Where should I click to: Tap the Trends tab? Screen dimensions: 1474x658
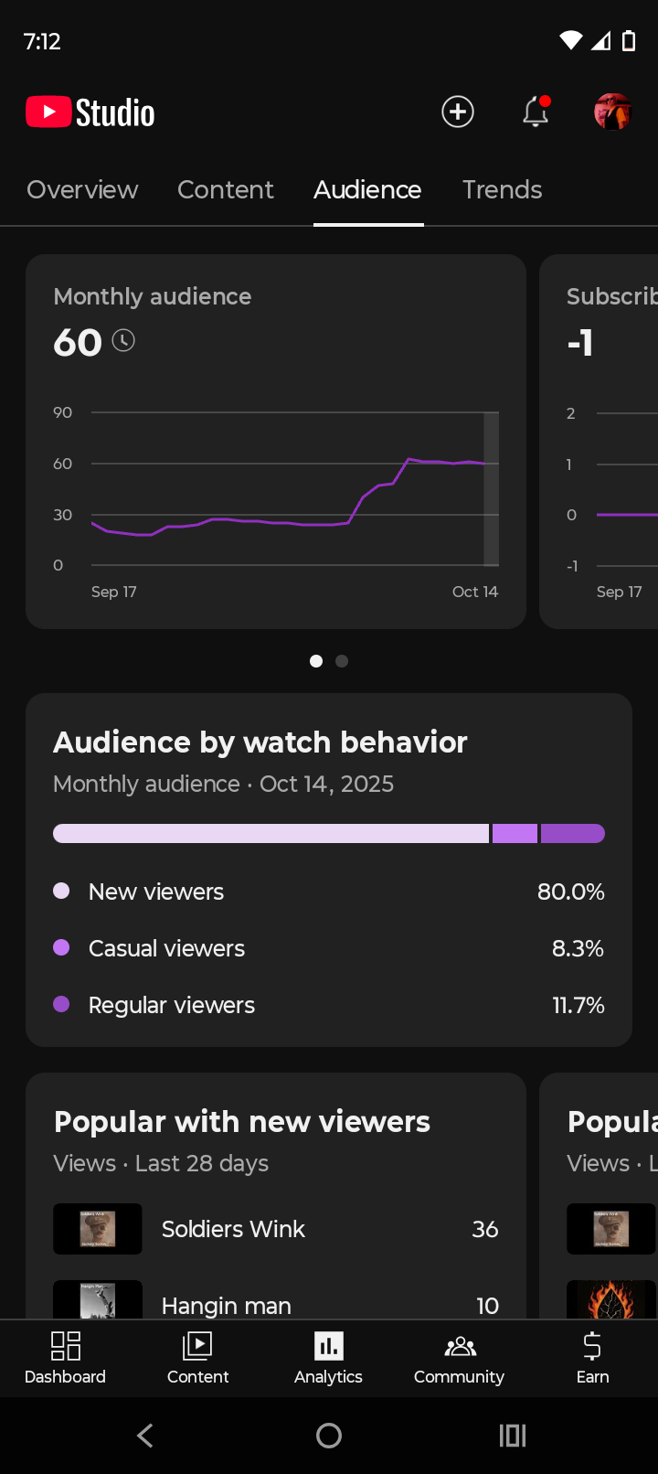(x=502, y=189)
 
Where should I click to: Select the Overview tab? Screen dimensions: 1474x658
(x=82, y=189)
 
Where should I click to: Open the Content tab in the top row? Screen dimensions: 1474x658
(x=225, y=189)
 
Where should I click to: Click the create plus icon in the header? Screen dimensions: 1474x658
(x=458, y=112)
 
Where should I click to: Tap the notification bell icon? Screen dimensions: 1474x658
(x=536, y=112)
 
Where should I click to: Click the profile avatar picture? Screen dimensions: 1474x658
(x=612, y=112)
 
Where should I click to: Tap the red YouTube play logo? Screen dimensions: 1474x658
(x=48, y=112)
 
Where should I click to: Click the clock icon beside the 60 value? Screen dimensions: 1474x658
(x=123, y=341)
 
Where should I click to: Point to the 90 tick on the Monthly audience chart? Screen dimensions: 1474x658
(x=62, y=412)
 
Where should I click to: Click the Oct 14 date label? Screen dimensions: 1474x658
(x=474, y=592)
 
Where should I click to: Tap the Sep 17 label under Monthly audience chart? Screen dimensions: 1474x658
(x=114, y=592)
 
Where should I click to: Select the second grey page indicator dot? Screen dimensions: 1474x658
(x=342, y=661)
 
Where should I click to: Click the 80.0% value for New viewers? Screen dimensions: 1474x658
(x=570, y=892)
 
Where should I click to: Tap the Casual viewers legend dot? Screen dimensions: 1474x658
(x=62, y=947)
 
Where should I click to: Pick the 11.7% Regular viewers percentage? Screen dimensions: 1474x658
(x=578, y=1005)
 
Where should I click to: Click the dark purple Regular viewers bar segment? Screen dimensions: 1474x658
(x=572, y=833)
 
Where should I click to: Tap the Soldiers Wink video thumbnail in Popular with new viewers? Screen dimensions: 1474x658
(x=98, y=1228)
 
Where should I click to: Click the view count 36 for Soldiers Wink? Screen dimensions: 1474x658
(x=484, y=1229)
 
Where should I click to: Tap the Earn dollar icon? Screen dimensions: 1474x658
(x=592, y=1347)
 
